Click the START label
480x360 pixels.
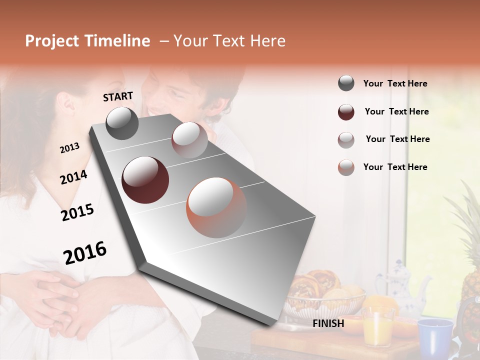click(118, 96)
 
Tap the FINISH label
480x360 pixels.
click(328, 323)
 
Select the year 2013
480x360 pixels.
click(69, 148)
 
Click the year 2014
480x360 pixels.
click(73, 177)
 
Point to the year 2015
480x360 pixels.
click(77, 212)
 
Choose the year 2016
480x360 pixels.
click(85, 253)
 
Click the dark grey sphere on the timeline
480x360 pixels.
click(122, 123)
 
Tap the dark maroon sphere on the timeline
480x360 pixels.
click(145, 180)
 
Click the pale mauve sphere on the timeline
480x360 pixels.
click(189, 140)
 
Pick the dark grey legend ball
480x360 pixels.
click(346, 83)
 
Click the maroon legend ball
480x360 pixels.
click(346, 112)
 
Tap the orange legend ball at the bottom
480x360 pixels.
click(346, 167)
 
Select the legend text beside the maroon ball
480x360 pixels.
click(396, 111)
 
